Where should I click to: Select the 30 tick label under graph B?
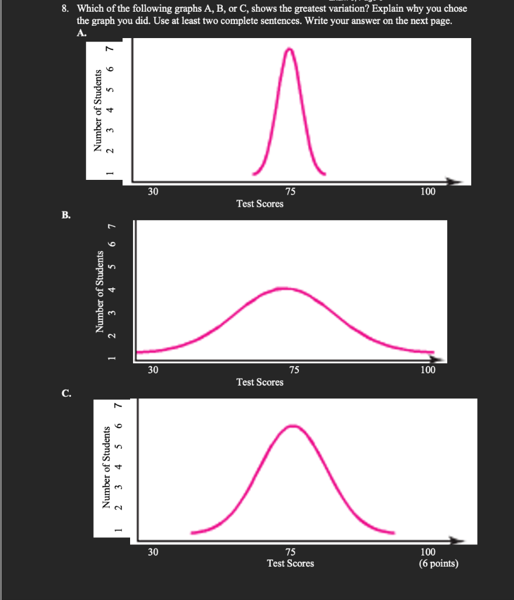pos(152,370)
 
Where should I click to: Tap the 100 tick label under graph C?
pos(428,552)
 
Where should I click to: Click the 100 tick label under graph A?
pos(428,192)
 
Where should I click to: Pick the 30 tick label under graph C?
pos(152,552)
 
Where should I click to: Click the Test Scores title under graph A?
pos(260,204)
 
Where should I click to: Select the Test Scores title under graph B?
pos(260,382)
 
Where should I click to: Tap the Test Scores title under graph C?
pos(290,564)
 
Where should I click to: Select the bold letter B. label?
pos(66,215)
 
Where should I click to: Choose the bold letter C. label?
pos(66,393)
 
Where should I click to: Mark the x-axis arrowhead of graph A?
pos(462,180)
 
